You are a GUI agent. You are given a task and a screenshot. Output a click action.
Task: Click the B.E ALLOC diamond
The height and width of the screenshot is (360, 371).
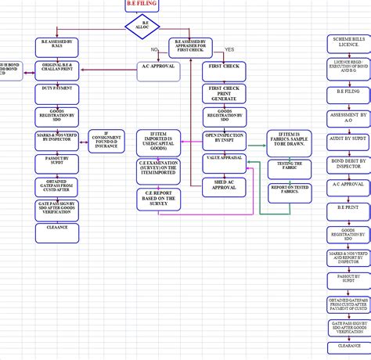[x=142, y=25]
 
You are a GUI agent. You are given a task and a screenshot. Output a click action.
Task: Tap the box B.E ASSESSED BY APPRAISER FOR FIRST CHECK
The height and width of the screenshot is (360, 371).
[x=191, y=47]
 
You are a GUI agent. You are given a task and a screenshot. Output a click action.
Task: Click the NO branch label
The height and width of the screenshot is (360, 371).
[x=155, y=50]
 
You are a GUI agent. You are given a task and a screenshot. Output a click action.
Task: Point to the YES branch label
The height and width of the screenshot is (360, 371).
[x=229, y=50]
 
